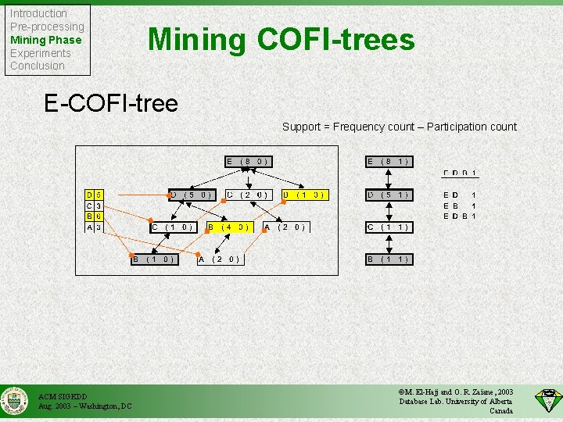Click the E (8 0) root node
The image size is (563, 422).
click(x=248, y=162)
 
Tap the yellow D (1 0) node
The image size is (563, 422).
click(x=303, y=195)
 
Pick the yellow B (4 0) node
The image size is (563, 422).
click(x=228, y=227)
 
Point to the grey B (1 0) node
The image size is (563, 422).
click(x=153, y=259)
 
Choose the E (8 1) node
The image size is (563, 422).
click(x=389, y=162)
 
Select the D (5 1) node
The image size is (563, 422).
click(x=389, y=195)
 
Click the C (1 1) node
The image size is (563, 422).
click(x=389, y=227)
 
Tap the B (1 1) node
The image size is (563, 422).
click(x=389, y=259)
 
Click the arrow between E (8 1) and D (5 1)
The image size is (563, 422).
click(x=389, y=178)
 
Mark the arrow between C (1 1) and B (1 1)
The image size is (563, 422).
click(x=389, y=244)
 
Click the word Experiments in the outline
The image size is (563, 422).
click(x=40, y=53)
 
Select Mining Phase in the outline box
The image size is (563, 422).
click(x=45, y=40)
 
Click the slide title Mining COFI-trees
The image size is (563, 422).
click(x=281, y=38)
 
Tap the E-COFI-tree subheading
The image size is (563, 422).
click(x=111, y=102)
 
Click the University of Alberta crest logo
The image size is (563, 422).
click(x=14, y=401)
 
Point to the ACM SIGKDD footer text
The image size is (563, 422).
click(x=63, y=396)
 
